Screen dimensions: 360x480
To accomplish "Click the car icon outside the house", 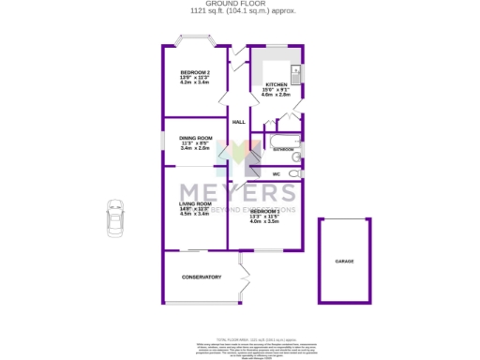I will click(x=115, y=220).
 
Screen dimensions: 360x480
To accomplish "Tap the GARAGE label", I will click(x=344, y=261).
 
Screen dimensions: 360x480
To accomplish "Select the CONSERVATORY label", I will click(x=202, y=277).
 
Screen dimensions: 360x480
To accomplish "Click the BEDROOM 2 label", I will click(x=195, y=73).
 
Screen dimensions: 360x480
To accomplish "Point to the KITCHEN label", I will click(x=275, y=84).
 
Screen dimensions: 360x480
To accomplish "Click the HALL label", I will click(x=238, y=123).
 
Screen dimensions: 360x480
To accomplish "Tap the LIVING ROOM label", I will click(x=196, y=203).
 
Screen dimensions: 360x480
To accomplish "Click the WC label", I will click(x=277, y=174).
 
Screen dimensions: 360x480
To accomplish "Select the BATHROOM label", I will click(x=283, y=149).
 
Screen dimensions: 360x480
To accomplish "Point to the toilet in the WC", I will click(x=295, y=174).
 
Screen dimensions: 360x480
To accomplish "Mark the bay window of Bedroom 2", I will click(x=195, y=42).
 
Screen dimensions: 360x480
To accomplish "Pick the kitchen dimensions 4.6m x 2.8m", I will click(x=275, y=95).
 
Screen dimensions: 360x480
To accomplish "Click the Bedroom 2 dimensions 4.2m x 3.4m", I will click(x=195, y=83).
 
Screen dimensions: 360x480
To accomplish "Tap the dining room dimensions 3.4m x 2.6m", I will click(x=196, y=148).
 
